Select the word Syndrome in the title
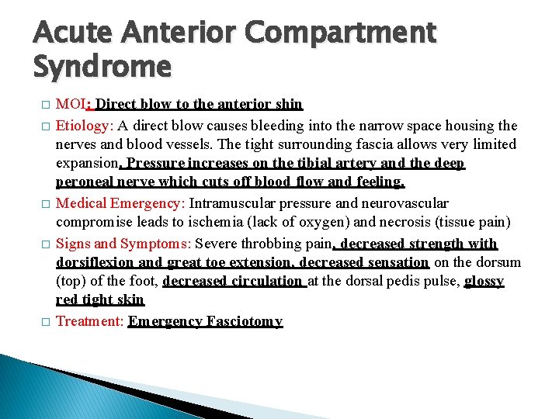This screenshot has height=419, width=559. click(102, 68)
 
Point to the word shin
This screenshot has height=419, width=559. click(288, 103)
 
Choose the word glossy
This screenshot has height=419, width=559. click(484, 281)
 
